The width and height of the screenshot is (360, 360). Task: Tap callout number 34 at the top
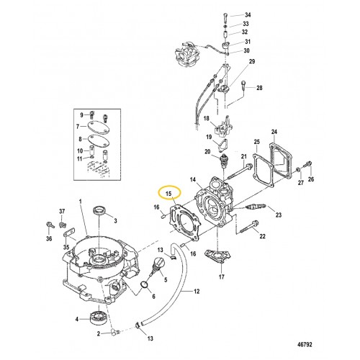click(x=248, y=15)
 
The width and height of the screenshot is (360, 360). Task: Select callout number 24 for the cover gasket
click(x=274, y=132)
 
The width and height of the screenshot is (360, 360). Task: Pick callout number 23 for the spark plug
click(x=279, y=215)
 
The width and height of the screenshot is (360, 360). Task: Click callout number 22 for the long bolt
click(x=262, y=236)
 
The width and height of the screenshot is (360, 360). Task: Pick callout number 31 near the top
click(x=248, y=42)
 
